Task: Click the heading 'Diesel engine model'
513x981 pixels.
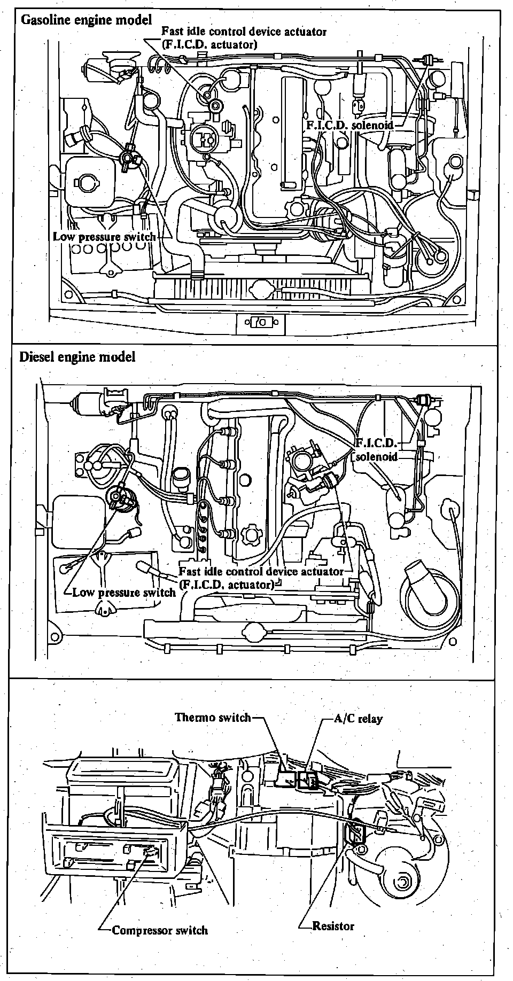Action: [77, 356]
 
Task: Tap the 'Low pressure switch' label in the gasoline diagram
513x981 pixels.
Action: [104, 236]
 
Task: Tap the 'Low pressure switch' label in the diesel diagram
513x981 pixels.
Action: [124, 592]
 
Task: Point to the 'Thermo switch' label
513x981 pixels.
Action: [213, 717]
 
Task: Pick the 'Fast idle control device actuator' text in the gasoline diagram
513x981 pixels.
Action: [244, 32]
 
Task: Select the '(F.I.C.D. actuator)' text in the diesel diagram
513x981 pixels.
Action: [227, 584]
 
